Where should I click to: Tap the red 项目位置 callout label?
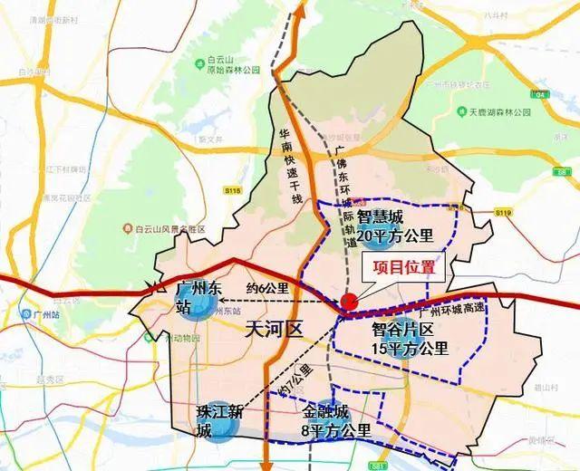(x=398, y=267)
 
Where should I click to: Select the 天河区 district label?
(x=274, y=331)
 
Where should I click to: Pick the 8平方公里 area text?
(x=336, y=428)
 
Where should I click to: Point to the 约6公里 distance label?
(x=266, y=289)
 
